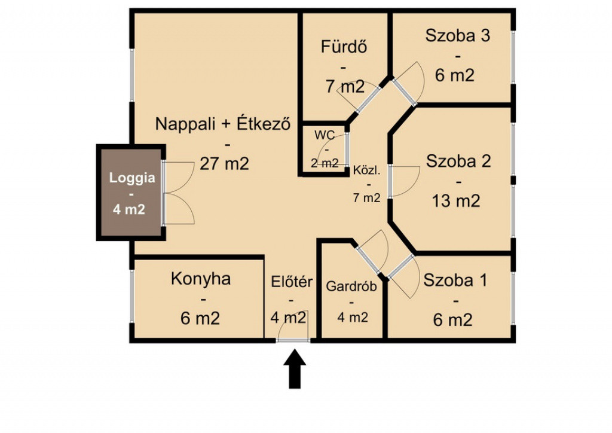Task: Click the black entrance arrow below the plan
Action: point(295,368)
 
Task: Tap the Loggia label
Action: point(132,178)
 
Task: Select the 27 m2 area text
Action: point(225,164)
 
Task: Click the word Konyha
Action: point(201,279)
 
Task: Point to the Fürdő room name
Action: point(344,47)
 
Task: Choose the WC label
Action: point(325,135)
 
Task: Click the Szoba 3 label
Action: point(457,35)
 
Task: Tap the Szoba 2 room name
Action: point(458,161)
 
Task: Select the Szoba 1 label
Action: point(455,280)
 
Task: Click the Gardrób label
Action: point(351,286)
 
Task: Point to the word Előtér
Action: point(292,281)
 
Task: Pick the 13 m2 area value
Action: point(456,201)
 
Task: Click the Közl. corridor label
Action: point(366,170)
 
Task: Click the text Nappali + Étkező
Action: point(224,124)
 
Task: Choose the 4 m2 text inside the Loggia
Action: point(129,210)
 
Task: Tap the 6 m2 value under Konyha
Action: point(200,319)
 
